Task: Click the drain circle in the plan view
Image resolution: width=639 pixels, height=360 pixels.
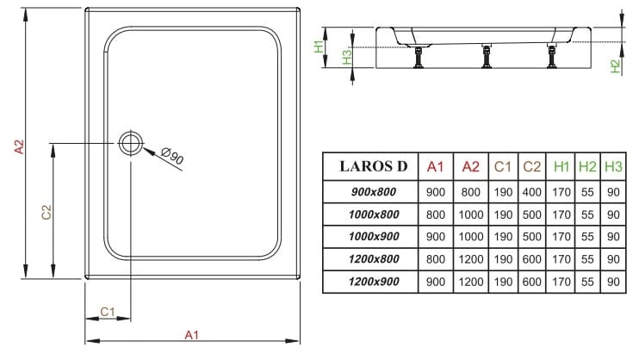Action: (132, 143)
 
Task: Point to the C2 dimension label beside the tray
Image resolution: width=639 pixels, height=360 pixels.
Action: (48, 210)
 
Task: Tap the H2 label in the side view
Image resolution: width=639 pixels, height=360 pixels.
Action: (615, 65)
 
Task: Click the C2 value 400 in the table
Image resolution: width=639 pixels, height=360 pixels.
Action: (532, 190)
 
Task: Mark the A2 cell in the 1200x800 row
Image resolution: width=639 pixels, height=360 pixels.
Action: (471, 259)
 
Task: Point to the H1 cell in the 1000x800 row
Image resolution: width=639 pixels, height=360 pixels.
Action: (561, 214)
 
